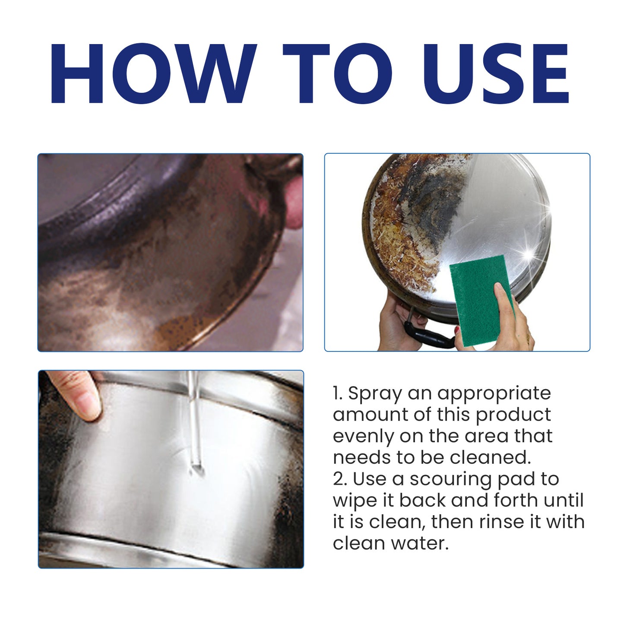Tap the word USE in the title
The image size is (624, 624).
(495, 73)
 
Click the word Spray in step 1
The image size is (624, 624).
(375, 394)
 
